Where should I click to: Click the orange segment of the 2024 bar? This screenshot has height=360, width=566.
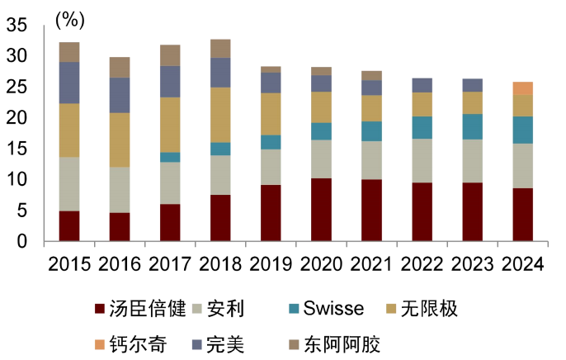coord(523,88)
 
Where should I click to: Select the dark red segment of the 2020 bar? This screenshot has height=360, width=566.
coord(321,210)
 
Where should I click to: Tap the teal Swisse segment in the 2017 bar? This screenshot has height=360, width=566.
coord(170,157)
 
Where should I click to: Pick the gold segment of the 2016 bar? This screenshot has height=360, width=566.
coord(120,140)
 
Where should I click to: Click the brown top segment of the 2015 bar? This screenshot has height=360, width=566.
coord(69,52)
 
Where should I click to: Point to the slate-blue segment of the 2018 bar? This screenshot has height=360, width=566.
coord(220,73)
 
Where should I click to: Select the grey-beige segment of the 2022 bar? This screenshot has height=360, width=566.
coord(422,160)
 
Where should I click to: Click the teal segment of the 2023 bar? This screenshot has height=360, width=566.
coord(473,126)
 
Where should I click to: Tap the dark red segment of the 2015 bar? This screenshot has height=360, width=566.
coord(69,226)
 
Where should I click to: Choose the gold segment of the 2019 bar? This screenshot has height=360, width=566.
coord(271,114)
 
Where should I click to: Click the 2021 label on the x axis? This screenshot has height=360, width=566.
coord(371,264)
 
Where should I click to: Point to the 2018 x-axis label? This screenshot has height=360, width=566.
coord(220,264)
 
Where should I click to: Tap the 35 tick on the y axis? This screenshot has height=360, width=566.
coord(17,26)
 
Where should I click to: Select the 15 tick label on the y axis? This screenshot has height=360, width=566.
coord(17,149)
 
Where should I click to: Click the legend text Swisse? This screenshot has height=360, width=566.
coord(333,310)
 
